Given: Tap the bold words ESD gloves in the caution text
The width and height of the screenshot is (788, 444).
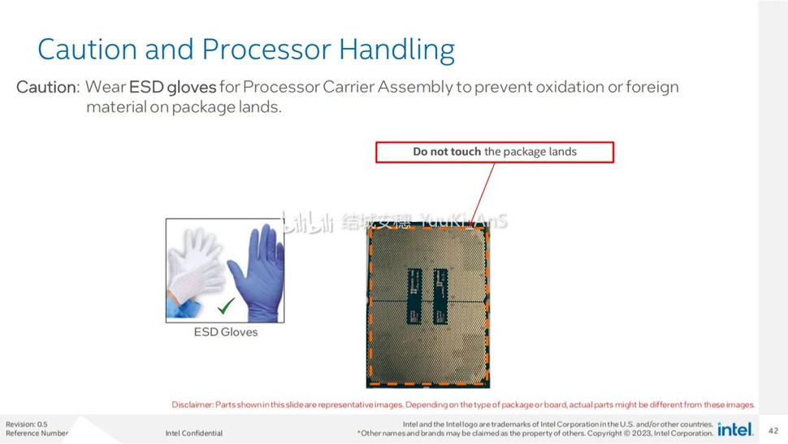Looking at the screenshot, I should [172, 87].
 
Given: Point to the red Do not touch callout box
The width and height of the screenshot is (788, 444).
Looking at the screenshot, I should [494, 152].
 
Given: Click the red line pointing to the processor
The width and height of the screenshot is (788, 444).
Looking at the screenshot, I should [483, 192].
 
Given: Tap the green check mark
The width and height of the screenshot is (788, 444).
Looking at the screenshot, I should [226, 306].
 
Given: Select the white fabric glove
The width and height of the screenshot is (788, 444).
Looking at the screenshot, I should [195, 264].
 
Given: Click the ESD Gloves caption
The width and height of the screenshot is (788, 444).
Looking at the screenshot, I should [225, 332].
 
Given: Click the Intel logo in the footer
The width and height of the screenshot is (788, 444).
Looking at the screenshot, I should [735, 429].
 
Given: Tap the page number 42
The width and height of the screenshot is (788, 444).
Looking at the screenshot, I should [773, 431].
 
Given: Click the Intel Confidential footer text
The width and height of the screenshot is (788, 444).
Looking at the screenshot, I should [193, 433].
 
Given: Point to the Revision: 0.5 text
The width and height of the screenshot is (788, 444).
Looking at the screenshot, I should [27, 424].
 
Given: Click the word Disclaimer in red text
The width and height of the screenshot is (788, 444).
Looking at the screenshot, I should [192, 405].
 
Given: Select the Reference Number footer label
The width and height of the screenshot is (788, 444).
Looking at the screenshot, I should [37, 433].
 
